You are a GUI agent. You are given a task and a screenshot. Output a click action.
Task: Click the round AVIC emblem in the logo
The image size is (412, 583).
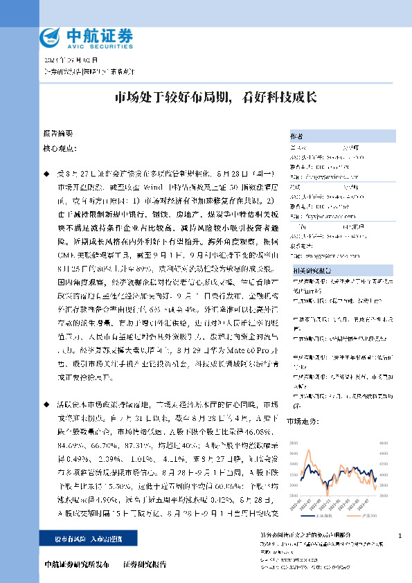click(50, 36)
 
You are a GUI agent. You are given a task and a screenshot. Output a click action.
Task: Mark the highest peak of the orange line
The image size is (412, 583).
click(334, 448)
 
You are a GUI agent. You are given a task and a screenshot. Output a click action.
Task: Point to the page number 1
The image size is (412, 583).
click(401, 537)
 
